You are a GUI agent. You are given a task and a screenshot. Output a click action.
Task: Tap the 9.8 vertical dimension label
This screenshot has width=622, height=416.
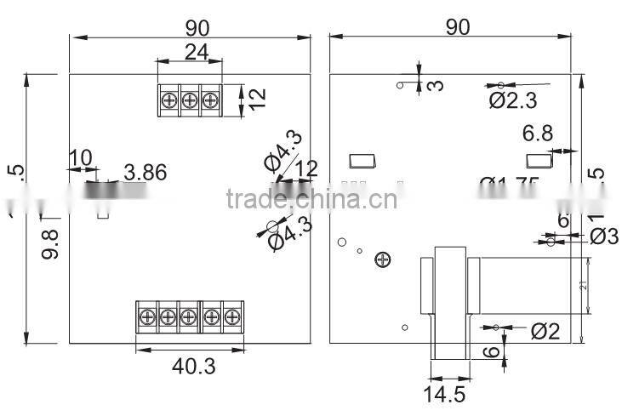click(x=49, y=243)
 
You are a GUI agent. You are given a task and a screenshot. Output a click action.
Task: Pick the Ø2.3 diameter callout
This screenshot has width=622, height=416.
click(x=512, y=101)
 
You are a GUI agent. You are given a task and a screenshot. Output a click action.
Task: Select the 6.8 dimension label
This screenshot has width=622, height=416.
click(x=538, y=133)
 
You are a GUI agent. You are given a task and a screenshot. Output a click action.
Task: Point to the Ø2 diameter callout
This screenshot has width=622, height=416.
click(x=545, y=331)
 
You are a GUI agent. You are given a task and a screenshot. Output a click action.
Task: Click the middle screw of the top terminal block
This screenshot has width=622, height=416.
click(x=189, y=101)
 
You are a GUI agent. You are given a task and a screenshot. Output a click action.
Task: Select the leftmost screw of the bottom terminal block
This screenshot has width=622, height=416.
click(x=146, y=316)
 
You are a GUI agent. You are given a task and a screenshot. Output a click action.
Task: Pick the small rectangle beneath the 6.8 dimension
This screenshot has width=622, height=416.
click(x=538, y=160)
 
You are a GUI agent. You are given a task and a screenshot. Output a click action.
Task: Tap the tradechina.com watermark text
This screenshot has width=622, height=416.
click(x=311, y=200)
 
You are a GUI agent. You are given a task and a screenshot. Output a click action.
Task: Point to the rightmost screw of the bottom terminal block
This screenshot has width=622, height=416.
click(x=231, y=316)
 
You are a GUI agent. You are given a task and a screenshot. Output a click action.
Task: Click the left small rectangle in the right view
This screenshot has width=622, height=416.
click(x=361, y=160)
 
